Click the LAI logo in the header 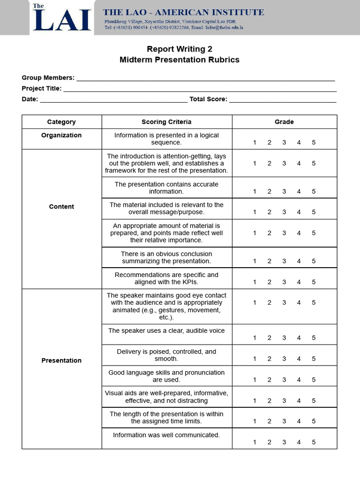click(x=61, y=18)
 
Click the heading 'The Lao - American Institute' click(x=183, y=13)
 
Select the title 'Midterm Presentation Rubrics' click(x=180, y=60)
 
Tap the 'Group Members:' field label click(x=48, y=78)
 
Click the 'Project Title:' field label click(x=41, y=88)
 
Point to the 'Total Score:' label click(x=208, y=99)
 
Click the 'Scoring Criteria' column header click(x=166, y=122)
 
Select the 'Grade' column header click(x=284, y=122)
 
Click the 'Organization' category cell click(x=61, y=135)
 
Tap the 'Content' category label click(x=61, y=207)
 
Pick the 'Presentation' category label click(x=61, y=360)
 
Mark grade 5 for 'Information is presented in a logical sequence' click(x=314, y=142)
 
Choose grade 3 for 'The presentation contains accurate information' click(x=284, y=191)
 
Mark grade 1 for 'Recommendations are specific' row click(x=255, y=282)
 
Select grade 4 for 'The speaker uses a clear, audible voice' click(x=299, y=338)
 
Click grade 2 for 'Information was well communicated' click(x=269, y=442)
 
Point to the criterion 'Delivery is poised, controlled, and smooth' click(x=166, y=355)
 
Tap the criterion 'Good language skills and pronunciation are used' click(x=166, y=376)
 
